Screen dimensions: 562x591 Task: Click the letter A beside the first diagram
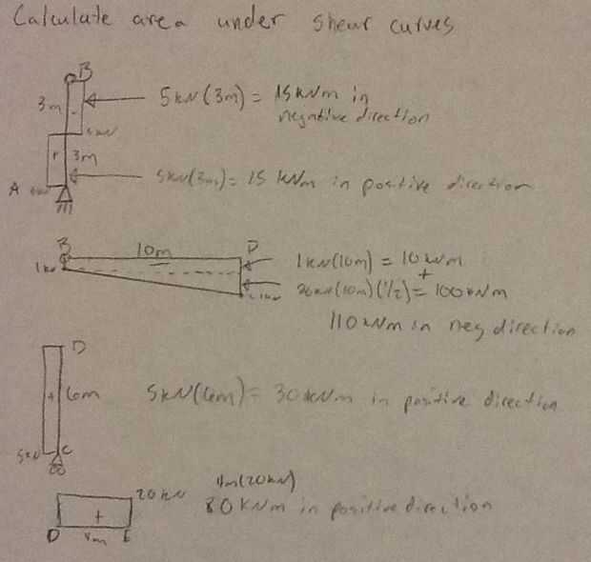[15, 190]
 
